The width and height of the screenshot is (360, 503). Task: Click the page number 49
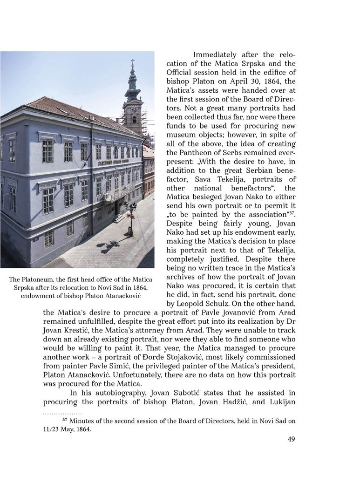pyautogui.click(x=291, y=439)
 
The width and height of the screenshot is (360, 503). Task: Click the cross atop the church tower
pyautogui.click(x=133, y=61)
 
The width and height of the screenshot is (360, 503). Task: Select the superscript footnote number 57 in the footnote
pyautogui.click(x=65, y=420)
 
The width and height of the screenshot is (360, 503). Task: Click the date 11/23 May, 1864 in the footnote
pyautogui.click(x=64, y=429)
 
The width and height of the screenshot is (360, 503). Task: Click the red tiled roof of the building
pyautogui.click(x=70, y=109)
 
